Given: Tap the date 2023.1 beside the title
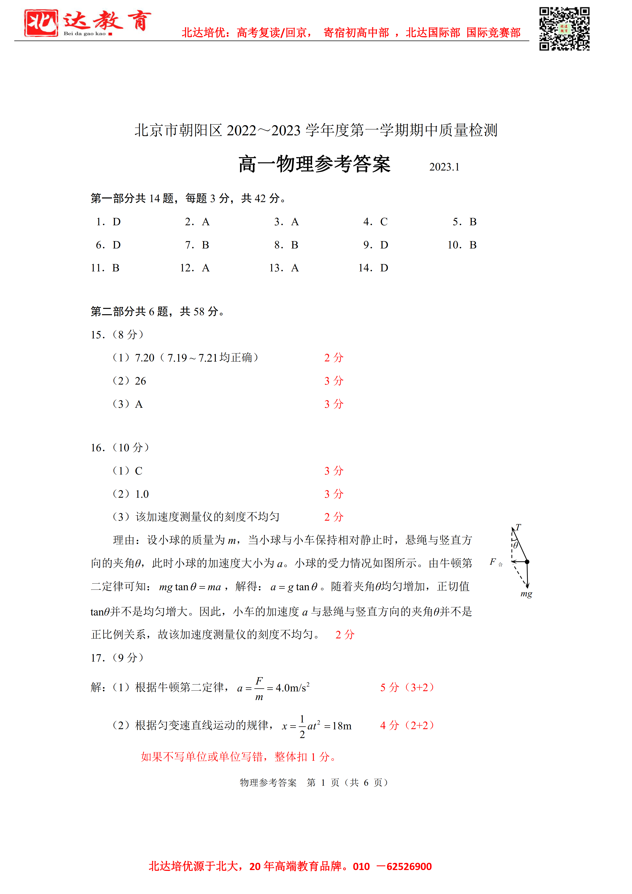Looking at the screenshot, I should pos(444,167).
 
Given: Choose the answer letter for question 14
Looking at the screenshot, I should pos(384,268).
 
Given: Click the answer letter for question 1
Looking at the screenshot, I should pos(116,222).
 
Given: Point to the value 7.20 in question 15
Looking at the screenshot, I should pos(144,358).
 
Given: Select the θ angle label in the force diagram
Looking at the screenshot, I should pos(516,546).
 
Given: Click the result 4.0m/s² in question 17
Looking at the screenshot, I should pos(293,688).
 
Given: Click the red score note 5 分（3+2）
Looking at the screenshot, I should pos(407,687).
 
